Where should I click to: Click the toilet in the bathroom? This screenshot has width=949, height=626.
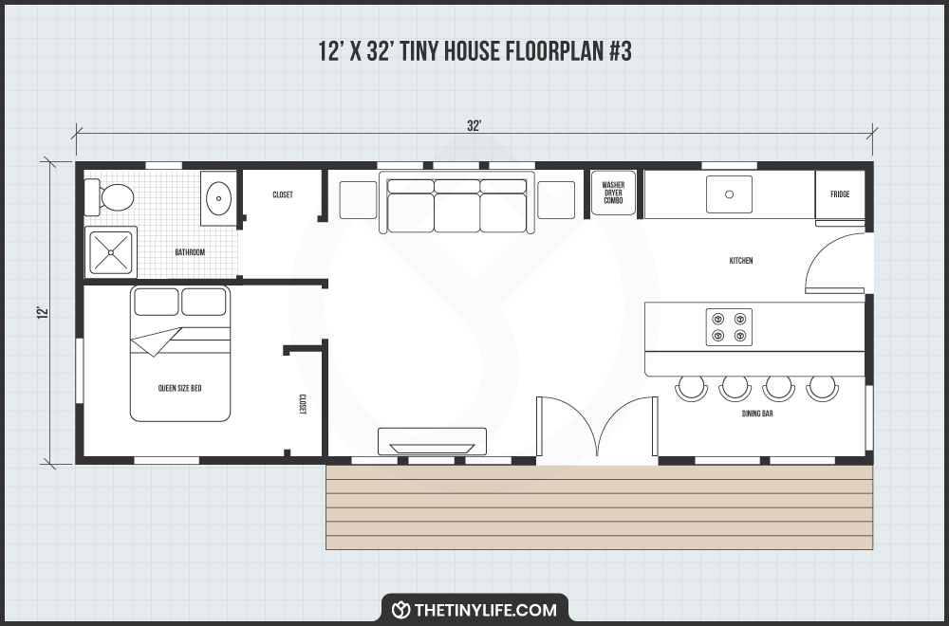pyautogui.click(x=113, y=198)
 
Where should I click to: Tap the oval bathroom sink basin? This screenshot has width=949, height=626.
pyautogui.click(x=219, y=199)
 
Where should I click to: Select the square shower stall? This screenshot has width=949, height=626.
pyautogui.click(x=112, y=251)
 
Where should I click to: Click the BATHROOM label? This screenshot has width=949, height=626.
pyautogui.click(x=190, y=252)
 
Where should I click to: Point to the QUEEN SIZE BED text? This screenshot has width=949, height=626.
pyautogui.click(x=179, y=389)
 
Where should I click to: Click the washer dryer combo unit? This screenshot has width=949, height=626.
pyautogui.click(x=613, y=193)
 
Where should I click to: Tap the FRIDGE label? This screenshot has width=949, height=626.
pyautogui.click(x=840, y=194)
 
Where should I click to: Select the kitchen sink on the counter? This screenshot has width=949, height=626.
pyautogui.click(x=729, y=194)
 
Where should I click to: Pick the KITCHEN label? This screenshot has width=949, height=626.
pyautogui.click(x=741, y=261)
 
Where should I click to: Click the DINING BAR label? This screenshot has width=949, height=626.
pyautogui.click(x=757, y=414)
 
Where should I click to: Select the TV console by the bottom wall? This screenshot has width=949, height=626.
pyautogui.click(x=433, y=443)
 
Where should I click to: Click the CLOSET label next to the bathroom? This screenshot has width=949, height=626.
pyautogui.click(x=283, y=194)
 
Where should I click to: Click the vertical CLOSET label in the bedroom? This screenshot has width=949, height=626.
pyautogui.click(x=303, y=404)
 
